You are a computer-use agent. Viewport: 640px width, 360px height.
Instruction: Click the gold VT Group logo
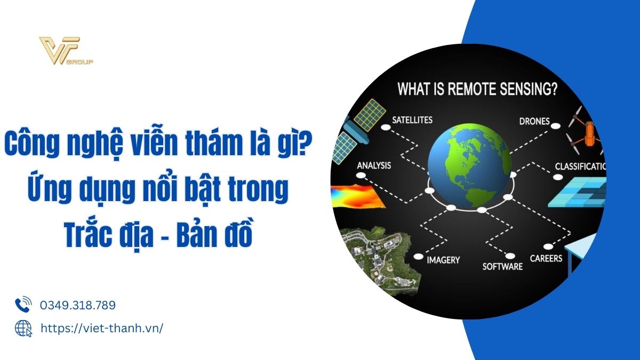[66, 51]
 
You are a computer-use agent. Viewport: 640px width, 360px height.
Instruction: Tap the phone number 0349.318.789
[78, 305]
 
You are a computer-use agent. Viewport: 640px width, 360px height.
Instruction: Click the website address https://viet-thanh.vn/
[102, 329]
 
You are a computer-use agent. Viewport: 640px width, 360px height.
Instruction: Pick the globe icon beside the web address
[23, 329]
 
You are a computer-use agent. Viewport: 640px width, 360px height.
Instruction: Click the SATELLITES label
[412, 120]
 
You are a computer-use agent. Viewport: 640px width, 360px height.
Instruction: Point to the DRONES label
[534, 122]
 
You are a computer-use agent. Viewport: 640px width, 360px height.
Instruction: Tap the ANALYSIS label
[374, 165]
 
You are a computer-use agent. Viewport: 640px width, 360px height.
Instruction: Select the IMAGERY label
[443, 260]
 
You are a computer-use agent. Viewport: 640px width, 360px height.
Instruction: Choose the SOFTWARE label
[502, 267]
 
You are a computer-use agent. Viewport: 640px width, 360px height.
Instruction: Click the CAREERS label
[546, 259]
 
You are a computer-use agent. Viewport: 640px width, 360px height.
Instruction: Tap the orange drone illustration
[586, 131]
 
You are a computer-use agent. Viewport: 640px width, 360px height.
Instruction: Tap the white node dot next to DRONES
[555, 126]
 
